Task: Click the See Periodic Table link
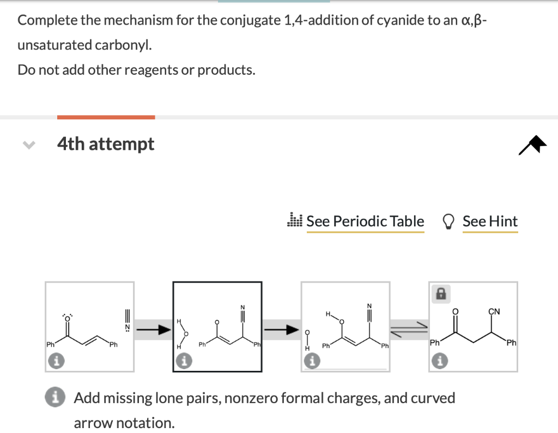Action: tap(365, 221)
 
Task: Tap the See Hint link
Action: tap(490, 221)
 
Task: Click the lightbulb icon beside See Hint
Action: tap(448, 221)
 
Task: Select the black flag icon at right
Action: tap(532, 145)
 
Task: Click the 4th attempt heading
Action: tap(106, 144)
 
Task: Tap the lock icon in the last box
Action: tap(440, 293)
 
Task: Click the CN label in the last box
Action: tap(494, 311)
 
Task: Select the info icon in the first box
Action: tap(58, 360)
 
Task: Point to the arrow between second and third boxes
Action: tap(282, 329)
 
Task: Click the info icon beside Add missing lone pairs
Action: tap(59, 398)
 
